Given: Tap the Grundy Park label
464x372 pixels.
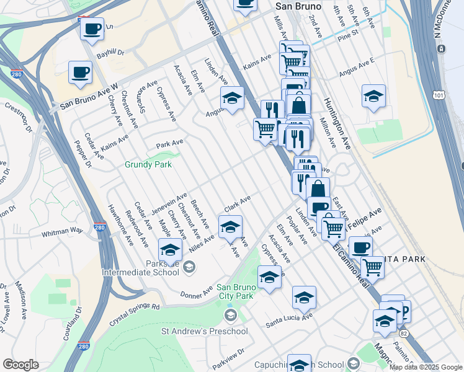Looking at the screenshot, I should [x=148, y=165].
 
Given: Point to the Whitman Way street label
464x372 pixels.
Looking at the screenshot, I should [x=62, y=232].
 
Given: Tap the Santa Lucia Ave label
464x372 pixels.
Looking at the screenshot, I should [x=288, y=322].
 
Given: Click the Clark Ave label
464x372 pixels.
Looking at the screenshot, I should [x=237, y=203].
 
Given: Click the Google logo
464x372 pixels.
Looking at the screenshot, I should [x=20, y=365].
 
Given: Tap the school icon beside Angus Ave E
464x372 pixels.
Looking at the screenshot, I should [x=373, y=97].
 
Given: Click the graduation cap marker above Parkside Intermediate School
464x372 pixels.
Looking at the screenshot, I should [x=169, y=250].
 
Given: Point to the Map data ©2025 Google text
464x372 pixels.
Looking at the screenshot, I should [x=426, y=367].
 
